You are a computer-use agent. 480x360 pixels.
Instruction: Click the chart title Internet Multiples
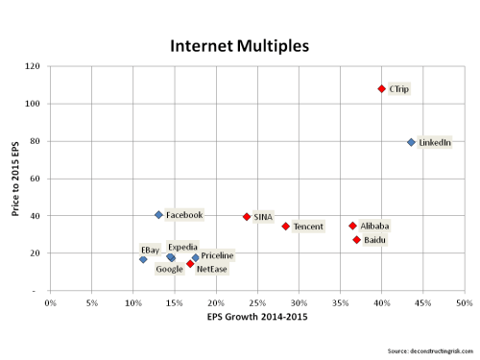click(x=240, y=46)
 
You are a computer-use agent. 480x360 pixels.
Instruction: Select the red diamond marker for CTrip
click(x=381, y=88)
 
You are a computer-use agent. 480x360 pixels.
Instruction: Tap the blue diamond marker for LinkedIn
click(x=411, y=142)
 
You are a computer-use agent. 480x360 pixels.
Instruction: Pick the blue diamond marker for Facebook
click(x=158, y=215)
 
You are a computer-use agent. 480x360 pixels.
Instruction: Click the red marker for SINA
click(x=247, y=217)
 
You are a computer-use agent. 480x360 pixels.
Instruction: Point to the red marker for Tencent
click(x=285, y=227)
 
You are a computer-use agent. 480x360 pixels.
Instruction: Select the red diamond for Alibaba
click(x=352, y=226)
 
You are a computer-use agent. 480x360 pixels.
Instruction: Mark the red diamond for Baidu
click(x=356, y=240)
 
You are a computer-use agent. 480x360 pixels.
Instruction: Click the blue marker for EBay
click(x=143, y=259)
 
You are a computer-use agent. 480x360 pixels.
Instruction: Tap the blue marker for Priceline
click(x=195, y=257)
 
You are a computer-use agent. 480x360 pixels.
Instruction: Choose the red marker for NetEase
click(x=190, y=264)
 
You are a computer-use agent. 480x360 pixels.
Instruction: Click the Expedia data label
click(x=182, y=247)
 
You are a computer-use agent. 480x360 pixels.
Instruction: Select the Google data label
click(x=169, y=270)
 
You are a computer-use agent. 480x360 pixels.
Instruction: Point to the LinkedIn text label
click(x=435, y=143)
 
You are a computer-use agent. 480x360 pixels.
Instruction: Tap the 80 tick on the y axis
click(x=34, y=141)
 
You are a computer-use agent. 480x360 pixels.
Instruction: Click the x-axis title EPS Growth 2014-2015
click(x=256, y=319)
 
